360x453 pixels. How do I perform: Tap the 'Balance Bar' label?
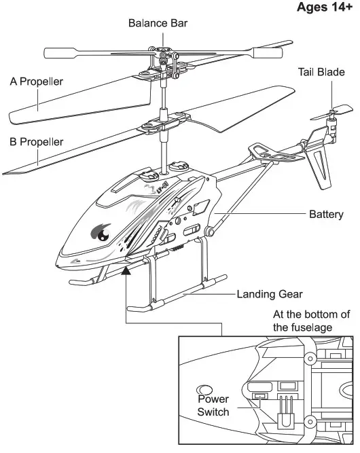point(158,23)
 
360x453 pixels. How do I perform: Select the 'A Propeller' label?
point(36,81)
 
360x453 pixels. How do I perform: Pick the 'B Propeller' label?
point(36,142)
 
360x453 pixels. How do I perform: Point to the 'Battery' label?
point(326,215)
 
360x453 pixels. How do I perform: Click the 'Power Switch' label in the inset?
point(213,405)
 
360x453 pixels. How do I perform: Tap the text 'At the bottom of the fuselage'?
point(311,321)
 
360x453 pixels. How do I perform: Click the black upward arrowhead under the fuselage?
point(126,272)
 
